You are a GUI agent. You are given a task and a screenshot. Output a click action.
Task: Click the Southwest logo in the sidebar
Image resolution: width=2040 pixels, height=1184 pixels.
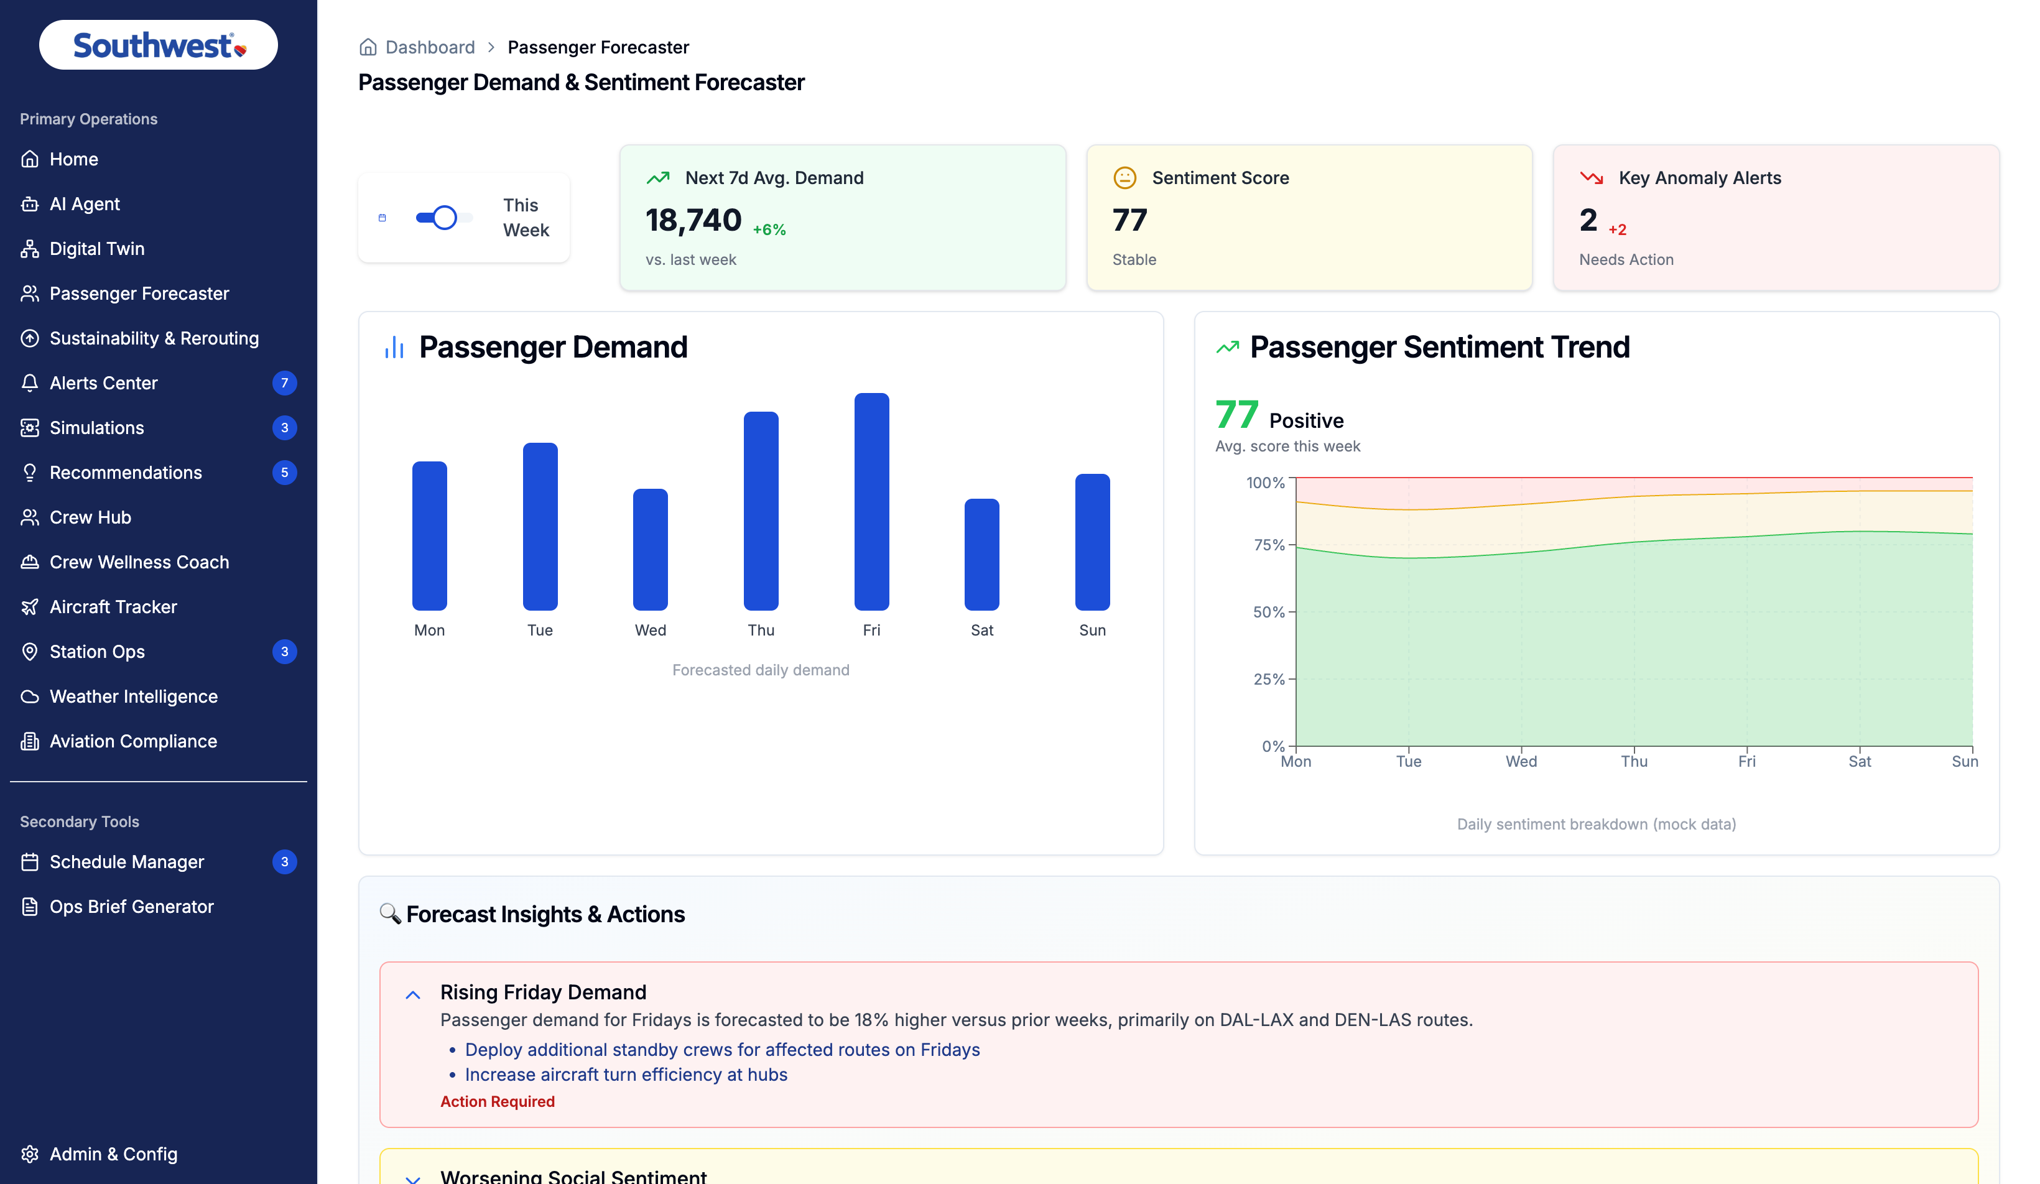tap(159, 45)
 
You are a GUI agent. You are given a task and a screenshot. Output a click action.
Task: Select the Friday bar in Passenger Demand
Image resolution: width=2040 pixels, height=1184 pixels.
tap(872, 502)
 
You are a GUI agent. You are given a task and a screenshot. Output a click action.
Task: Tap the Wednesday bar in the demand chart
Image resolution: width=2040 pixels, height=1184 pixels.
tap(650, 550)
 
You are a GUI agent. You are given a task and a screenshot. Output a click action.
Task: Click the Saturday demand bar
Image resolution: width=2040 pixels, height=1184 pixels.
tap(982, 554)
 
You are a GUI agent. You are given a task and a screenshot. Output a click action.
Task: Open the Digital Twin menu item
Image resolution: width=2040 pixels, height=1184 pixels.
tap(96, 249)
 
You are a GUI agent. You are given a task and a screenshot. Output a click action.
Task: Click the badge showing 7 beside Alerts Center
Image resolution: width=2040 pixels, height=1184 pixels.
tap(284, 383)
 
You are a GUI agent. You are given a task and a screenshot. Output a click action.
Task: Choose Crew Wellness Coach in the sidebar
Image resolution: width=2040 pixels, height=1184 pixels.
tap(139, 562)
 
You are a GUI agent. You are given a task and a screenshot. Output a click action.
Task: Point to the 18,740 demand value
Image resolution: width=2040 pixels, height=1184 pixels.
tap(693, 220)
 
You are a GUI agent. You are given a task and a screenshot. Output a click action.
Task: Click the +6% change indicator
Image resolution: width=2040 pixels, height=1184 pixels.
tap(769, 230)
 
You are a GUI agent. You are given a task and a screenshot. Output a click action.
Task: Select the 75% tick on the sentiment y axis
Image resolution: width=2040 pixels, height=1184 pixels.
tap(1269, 545)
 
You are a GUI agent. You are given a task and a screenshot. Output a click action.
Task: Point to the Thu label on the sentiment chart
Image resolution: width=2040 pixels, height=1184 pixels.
tap(1634, 762)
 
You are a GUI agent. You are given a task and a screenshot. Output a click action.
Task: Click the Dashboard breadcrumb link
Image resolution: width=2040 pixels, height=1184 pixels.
tap(430, 47)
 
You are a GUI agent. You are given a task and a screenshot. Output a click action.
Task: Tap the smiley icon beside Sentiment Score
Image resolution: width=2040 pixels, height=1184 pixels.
tap(1124, 177)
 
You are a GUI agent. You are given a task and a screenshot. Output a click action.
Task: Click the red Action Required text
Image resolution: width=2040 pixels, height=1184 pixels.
tap(497, 1101)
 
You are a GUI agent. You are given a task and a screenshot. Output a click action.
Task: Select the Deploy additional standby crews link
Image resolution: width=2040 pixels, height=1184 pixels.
tap(722, 1050)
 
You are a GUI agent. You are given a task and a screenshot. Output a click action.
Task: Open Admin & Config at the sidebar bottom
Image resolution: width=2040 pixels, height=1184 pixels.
tap(113, 1154)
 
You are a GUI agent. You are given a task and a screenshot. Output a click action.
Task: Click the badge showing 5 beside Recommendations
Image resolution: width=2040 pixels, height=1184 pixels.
tap(284, 473)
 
